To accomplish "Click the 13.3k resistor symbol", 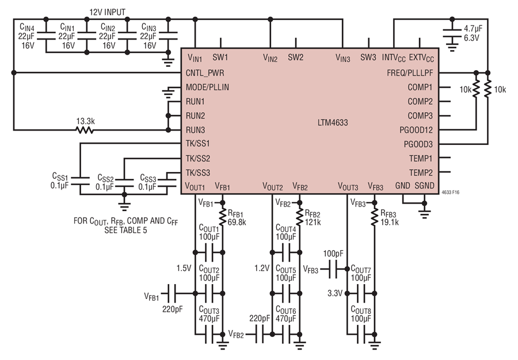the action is point(85,130).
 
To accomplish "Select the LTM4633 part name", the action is point(333,122).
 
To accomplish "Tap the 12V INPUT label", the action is point(108,12).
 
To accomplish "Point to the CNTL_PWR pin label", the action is point(205,73).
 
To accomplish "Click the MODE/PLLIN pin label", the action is point(207,87).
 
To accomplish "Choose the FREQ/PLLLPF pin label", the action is point(410,73).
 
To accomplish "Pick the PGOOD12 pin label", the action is point(416,130).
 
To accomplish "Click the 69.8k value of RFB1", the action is point(237,223).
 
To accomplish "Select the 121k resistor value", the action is point(313,223).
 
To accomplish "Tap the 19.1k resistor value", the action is point(390,223).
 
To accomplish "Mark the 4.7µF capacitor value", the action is point(473,29).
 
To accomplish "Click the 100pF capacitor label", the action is point(333,254).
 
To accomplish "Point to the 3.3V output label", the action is point(335,293).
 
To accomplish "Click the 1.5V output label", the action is point(184,268).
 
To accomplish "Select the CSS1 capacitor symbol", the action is point(80,181).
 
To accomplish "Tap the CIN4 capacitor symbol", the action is point(46,36).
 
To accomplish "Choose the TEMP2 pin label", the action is point(421,173).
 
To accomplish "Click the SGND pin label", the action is point(424,186).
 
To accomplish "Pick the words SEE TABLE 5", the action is point(125,231).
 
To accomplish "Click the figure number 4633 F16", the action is point(450,193).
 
